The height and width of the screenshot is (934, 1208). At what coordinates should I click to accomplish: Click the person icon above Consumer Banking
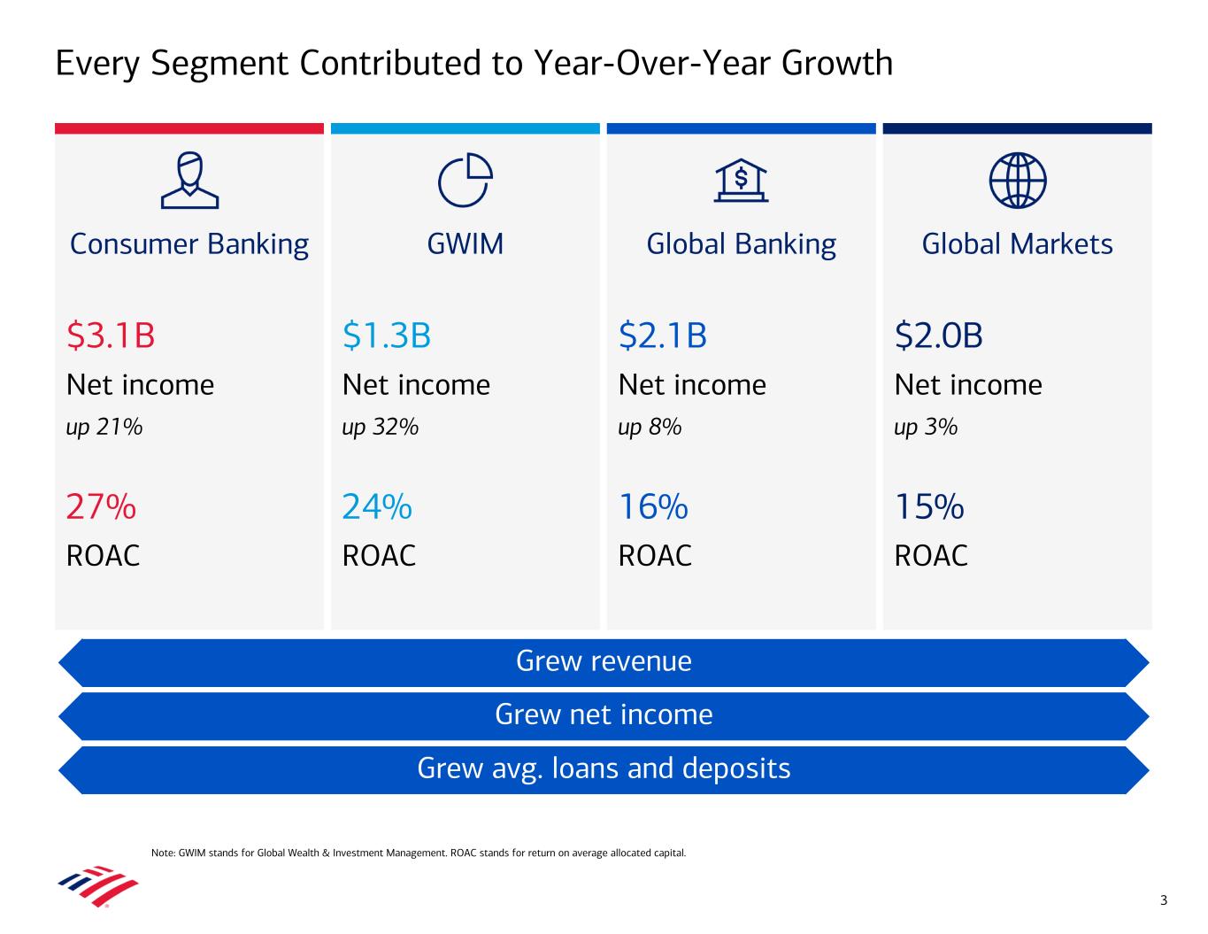189,181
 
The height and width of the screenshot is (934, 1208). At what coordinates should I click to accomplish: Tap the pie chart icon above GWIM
466,181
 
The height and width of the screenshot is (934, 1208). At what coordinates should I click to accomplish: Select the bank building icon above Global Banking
742,181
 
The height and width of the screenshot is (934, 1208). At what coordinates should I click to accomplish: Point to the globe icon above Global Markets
1018,181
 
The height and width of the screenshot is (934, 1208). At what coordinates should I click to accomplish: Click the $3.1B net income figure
111,336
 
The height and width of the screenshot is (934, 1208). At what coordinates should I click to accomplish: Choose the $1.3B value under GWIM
387,336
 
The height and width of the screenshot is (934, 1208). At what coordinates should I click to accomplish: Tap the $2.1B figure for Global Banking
663,336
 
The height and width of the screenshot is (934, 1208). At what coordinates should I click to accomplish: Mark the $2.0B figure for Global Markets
939,336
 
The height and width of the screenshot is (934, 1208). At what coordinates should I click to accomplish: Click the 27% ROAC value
101,507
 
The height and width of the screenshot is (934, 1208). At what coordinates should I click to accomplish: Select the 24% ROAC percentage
377,507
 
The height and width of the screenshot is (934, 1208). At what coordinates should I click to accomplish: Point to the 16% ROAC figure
653,507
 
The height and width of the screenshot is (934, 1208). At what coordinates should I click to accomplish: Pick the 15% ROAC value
929,507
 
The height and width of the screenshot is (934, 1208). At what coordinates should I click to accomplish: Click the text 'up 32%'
381,428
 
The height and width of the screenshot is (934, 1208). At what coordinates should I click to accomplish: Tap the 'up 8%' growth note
650,428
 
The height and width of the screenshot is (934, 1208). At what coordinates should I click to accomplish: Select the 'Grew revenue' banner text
604,661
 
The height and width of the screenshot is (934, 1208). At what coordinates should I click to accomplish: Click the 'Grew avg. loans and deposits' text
604,768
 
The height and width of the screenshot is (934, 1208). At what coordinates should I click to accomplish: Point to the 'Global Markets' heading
1018,244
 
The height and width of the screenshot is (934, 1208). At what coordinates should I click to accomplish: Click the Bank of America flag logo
98,886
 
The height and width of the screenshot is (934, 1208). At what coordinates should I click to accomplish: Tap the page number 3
1164,901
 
